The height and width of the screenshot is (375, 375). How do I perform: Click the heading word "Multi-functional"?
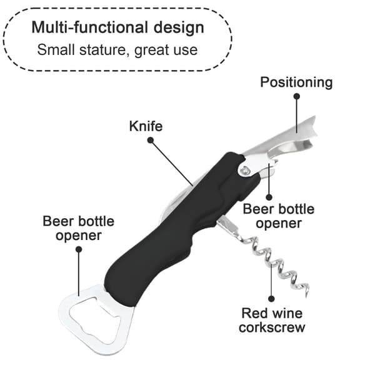pyautogui.click(x=90, y=27)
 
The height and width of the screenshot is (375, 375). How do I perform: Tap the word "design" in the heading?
pyautogui.click(x=179, y=28)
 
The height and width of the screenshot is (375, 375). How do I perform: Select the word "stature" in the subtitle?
pyautogui.click(x=102, y=50)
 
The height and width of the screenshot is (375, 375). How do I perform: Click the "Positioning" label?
pyautogui.click(x=296, y=83)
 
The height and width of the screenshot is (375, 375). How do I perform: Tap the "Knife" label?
pyautogui.click(x=146, y=126)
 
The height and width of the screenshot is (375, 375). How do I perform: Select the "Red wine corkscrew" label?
pyautogui.click(x=272, y=320)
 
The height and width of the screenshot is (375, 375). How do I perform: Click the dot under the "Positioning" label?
pyautogui.click(x=297, y=96)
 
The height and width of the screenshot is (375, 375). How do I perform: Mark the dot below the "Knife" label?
pyautogui.click(x=151, y=140)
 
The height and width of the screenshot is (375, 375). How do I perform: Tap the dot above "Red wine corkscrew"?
pyautogui.click(x=271, y=299)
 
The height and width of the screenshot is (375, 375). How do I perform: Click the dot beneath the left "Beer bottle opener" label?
pyautogui.click(x=79, y=249)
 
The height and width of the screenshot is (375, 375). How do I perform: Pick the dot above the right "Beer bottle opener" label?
pyautogui.click(x=269, y=197)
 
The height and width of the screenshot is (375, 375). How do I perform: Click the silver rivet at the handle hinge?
pyautogui.click(x=245, y=171)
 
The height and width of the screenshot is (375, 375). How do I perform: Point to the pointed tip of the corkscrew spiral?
pyautogui.click(x=307, y=297)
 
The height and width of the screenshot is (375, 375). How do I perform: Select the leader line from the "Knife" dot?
pyautogui.click(x=172, y=163)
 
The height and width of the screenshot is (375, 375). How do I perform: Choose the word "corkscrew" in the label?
pyautogui.click(x=272, y=327)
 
